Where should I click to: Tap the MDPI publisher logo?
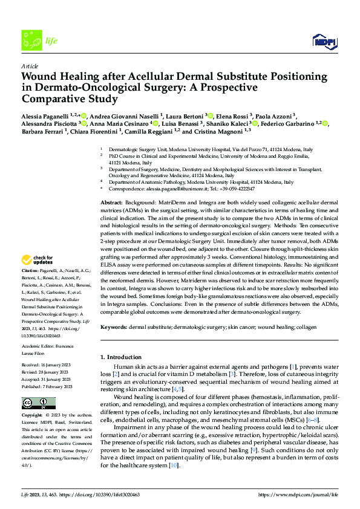[x=324, y=41]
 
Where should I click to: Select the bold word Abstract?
[x=111, y=201]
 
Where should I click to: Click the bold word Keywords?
[x=114, y=327]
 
